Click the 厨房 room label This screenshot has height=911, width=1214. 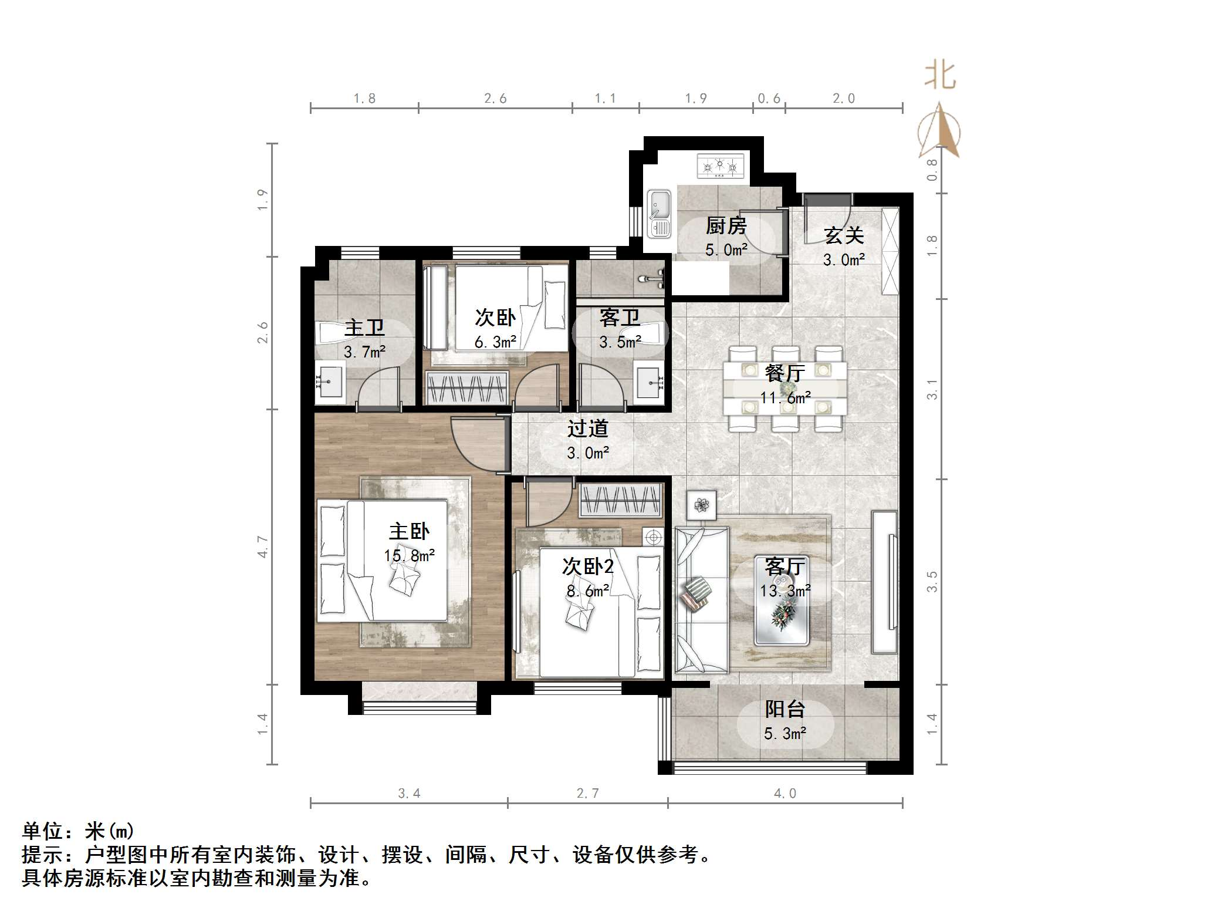[726, 225]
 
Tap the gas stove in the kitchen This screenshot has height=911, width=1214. [720, 166]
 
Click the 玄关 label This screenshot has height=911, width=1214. [844, 235]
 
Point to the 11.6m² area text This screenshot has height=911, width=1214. [785, 398]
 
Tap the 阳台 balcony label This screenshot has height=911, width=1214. [784, 709]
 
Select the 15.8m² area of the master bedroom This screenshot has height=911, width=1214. [409, 555]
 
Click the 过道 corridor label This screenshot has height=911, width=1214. [587, 429]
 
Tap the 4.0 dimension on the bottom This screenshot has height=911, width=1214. [785, 794]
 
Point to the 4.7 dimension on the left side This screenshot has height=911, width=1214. [262, 546]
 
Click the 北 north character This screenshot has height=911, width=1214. [940, 76]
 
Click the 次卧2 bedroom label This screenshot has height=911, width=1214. [587, 566]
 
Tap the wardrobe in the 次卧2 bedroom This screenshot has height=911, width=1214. [621, 501]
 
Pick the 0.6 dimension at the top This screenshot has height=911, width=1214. [769, 99]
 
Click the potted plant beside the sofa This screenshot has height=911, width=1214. [701, 505]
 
